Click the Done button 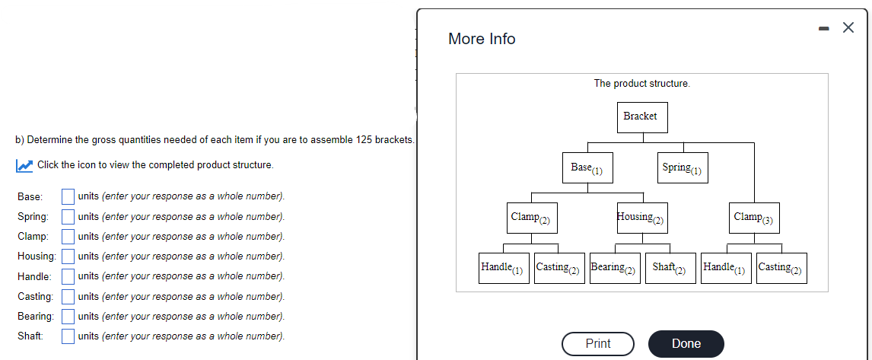click(686, 343)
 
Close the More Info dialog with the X click(848, 28)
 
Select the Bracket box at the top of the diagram click(642, 117)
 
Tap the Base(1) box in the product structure click(587, 168)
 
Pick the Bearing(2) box click(615, 268)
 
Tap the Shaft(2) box click(670, 268)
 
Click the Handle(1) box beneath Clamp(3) click(726, 268)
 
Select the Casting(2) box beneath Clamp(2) click(559, 268)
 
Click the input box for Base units click(68, 196)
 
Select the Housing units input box click(68, 256)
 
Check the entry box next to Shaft click(68, 336)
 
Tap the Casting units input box click(68, 296)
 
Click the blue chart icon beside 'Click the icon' click(24, 165)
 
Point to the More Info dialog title click(482, 39)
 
